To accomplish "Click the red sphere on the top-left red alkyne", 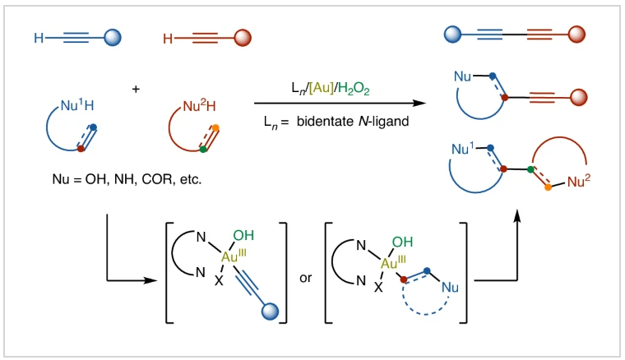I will pos(242,38).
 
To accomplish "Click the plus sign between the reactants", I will pos(135,88).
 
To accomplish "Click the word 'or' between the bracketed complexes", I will pos(307,278).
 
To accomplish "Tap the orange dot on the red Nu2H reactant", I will pos(216,128).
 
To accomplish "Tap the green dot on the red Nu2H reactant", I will pos(202,150).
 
